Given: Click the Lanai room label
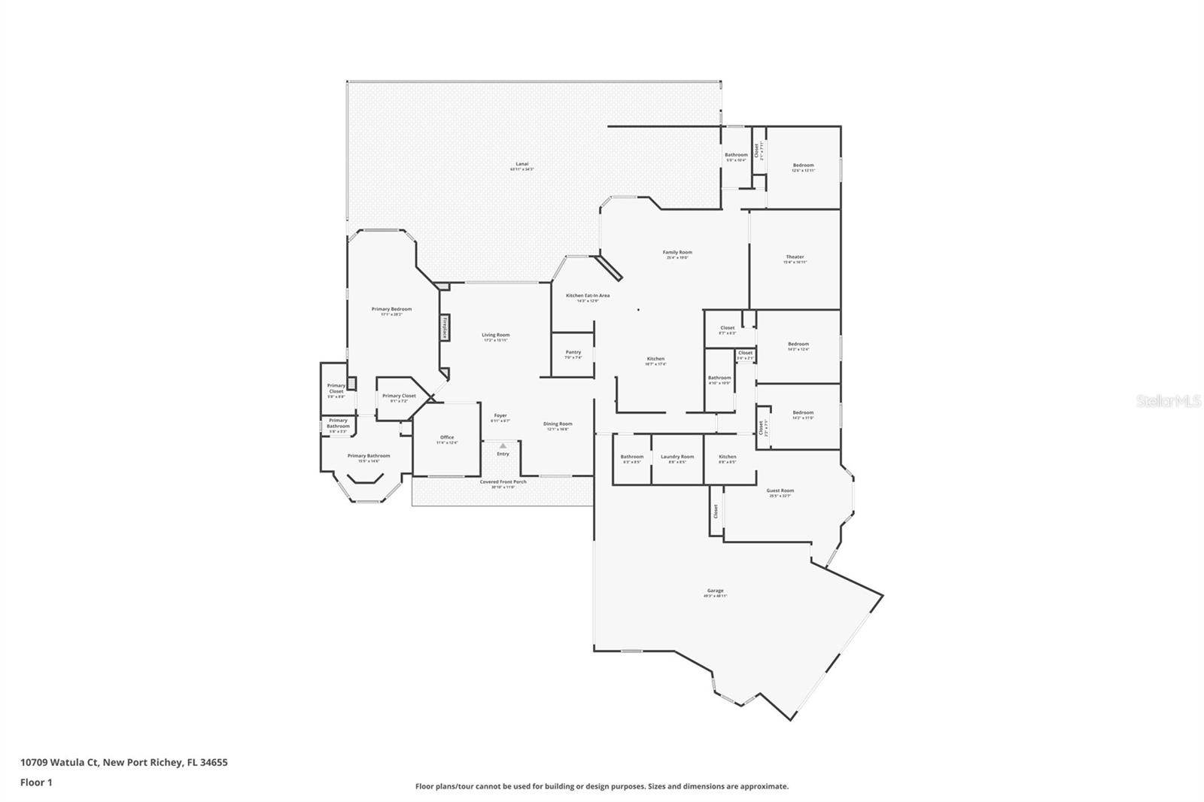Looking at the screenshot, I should [521, 164].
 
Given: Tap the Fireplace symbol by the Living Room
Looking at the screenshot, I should [445, 328].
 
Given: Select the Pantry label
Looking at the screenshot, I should [573, 352].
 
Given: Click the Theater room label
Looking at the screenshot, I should [795, 257].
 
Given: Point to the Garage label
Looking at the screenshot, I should [715, 591].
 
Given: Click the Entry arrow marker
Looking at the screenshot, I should [503, 446].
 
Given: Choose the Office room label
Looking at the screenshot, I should [447, 438].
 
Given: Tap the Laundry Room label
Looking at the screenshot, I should [677, 457].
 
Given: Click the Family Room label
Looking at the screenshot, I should [677, 253].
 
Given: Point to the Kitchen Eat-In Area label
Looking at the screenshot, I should [588, 296].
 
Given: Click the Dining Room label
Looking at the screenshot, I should [558, 424].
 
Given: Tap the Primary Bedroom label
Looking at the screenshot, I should [391, 309].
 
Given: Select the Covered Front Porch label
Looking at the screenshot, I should [503, 482].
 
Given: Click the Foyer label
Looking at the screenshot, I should [500, 416].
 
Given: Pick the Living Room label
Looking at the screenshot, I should [496, 336].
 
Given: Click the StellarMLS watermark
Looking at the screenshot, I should [1168, 401].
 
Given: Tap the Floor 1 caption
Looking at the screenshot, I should [36, 782].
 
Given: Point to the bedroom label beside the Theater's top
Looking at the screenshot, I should [803, 166].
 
